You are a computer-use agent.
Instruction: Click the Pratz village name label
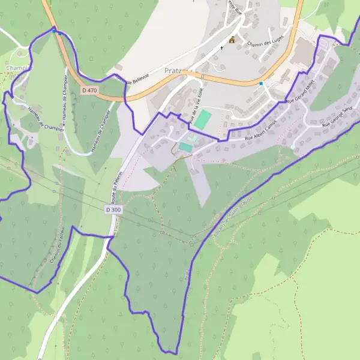pyautogui.click(x=173, y=70)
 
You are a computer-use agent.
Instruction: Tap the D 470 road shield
pyautogui.click(x=89, y=91)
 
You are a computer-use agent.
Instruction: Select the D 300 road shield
pyautogui.click(x=113, y=210)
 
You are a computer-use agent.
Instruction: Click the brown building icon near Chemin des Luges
pyautogui.click(x=232, y=40)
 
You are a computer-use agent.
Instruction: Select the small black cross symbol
pyautogui.click(x=221, y=47)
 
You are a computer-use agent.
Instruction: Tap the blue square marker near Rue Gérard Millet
pyautogui.click(x=261, y=83)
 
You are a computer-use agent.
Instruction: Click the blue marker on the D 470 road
pyautogui.click(x=54, y=29)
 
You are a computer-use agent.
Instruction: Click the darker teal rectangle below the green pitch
pyautogui.click(x=185, y=146)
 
